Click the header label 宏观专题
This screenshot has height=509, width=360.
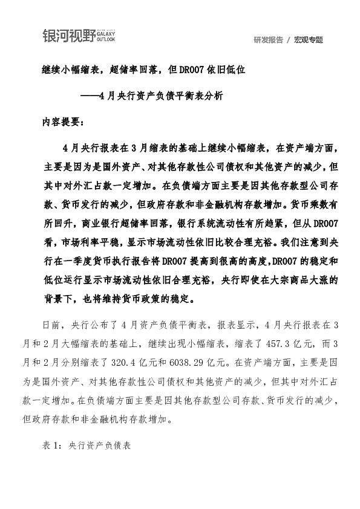point(309,40)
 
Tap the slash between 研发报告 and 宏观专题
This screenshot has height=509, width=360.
point(289,40)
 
